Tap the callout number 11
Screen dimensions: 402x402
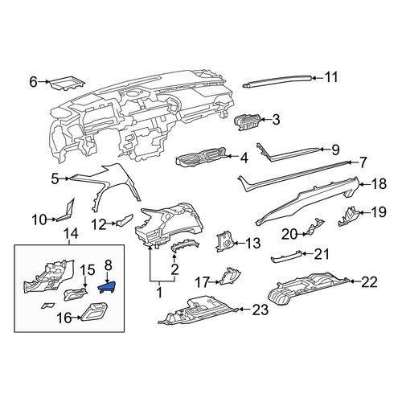click(x=331, y=77)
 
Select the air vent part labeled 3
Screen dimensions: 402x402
click(x=247, y=121)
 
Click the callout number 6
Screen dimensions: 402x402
click(x=33, y=82)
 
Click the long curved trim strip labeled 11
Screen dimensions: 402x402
click(x=277, y=80)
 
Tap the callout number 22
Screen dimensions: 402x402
click(x=369, y=282)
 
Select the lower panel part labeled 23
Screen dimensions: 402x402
click(x=199, y=310)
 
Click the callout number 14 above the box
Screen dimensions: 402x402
click(x=71, y=233)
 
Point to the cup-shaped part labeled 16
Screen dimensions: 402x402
click(x=94, y=311)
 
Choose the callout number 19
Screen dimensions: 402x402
click(x=379, y=211)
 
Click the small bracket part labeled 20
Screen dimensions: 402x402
click(x=315, y=228)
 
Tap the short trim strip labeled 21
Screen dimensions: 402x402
click(x=286, y=256)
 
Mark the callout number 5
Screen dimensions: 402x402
click(x=55, y=179)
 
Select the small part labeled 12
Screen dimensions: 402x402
click(x=124, y=220)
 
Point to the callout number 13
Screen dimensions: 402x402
click(x=252, y=244)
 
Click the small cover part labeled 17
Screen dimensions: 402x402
click(x=230, y=276)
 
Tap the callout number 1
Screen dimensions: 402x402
click(x=159, y=292)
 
